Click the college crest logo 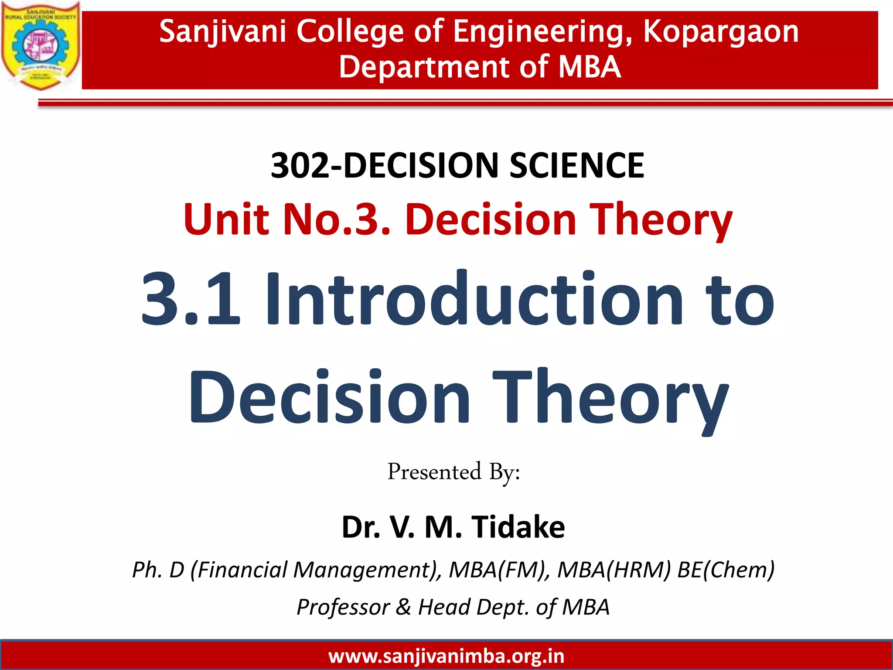pos(41,45)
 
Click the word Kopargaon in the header pos(721,31)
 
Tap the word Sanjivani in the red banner pos(222,31)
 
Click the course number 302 pos(300,165)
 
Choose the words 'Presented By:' pos(453,472)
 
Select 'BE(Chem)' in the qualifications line pos(726,570)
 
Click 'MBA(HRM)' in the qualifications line pos(614,570)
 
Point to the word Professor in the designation pos(343,607)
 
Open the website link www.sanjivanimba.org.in pos(446,656)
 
